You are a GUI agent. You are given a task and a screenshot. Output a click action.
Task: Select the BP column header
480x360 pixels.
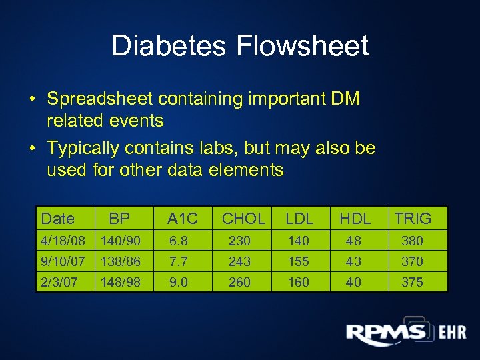[119, 218]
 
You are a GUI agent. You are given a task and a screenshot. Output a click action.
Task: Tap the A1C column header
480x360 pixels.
[183, 218]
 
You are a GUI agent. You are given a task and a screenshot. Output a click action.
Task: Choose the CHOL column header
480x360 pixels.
[243, 218]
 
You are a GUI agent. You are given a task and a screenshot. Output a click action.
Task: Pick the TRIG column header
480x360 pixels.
[413, 218]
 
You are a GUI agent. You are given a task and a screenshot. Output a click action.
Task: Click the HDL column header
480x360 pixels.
[355, 218]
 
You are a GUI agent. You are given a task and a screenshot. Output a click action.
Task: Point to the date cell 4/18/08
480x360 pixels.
[63, 241]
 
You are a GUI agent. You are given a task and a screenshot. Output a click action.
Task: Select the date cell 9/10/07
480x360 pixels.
[63, 261]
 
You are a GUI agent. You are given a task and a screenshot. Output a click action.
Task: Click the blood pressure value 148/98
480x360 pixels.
[120, 282]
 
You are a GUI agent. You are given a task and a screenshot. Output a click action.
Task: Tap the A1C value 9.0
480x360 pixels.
[179, 282]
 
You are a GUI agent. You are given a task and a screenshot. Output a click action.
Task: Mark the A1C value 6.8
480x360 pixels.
[179, 241]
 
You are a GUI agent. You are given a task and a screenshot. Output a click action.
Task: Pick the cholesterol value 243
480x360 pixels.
[239, 261]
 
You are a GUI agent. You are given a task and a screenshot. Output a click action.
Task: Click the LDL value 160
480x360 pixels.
[298, 282]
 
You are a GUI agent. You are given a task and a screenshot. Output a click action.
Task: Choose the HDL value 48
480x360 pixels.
[353, 241]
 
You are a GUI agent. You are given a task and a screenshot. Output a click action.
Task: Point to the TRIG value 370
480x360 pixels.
[412, 261]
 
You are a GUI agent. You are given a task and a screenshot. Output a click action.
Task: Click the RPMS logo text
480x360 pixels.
[386, 331]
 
